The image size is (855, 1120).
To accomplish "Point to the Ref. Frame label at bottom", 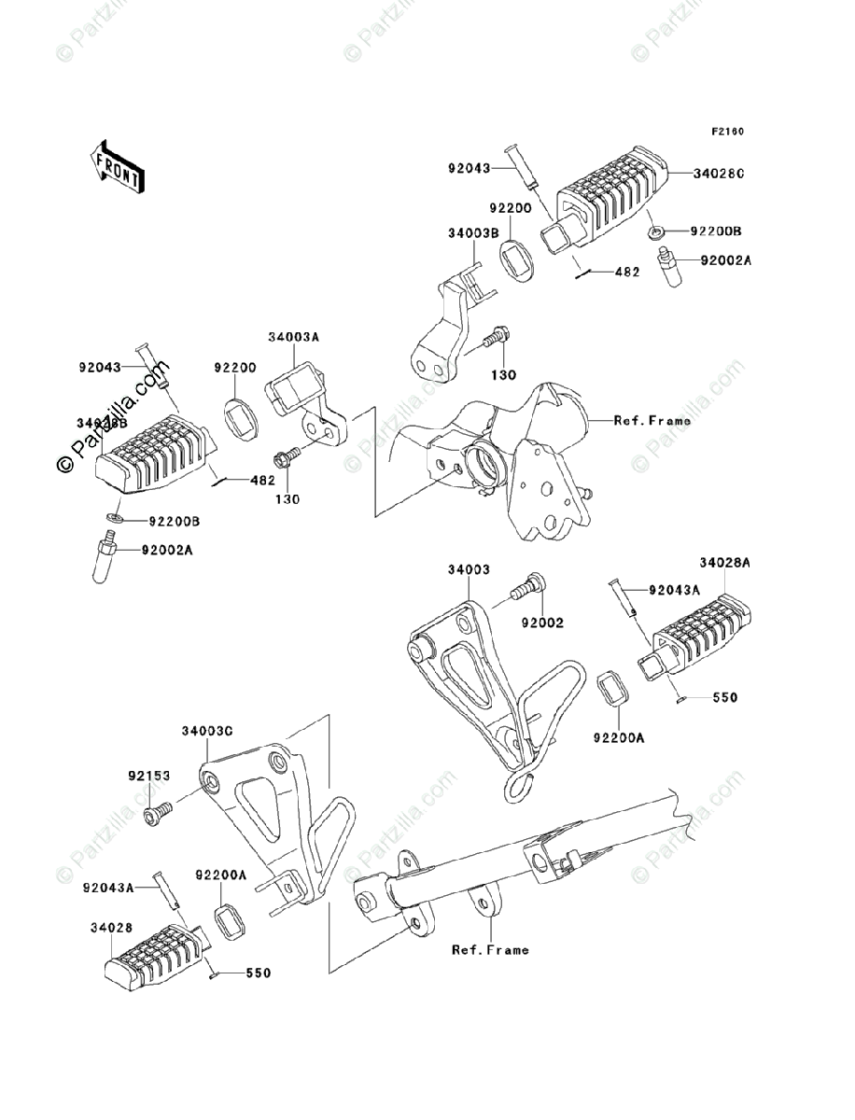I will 490,950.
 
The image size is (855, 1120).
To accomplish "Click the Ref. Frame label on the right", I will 652,420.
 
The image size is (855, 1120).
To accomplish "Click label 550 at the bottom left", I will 259,973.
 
